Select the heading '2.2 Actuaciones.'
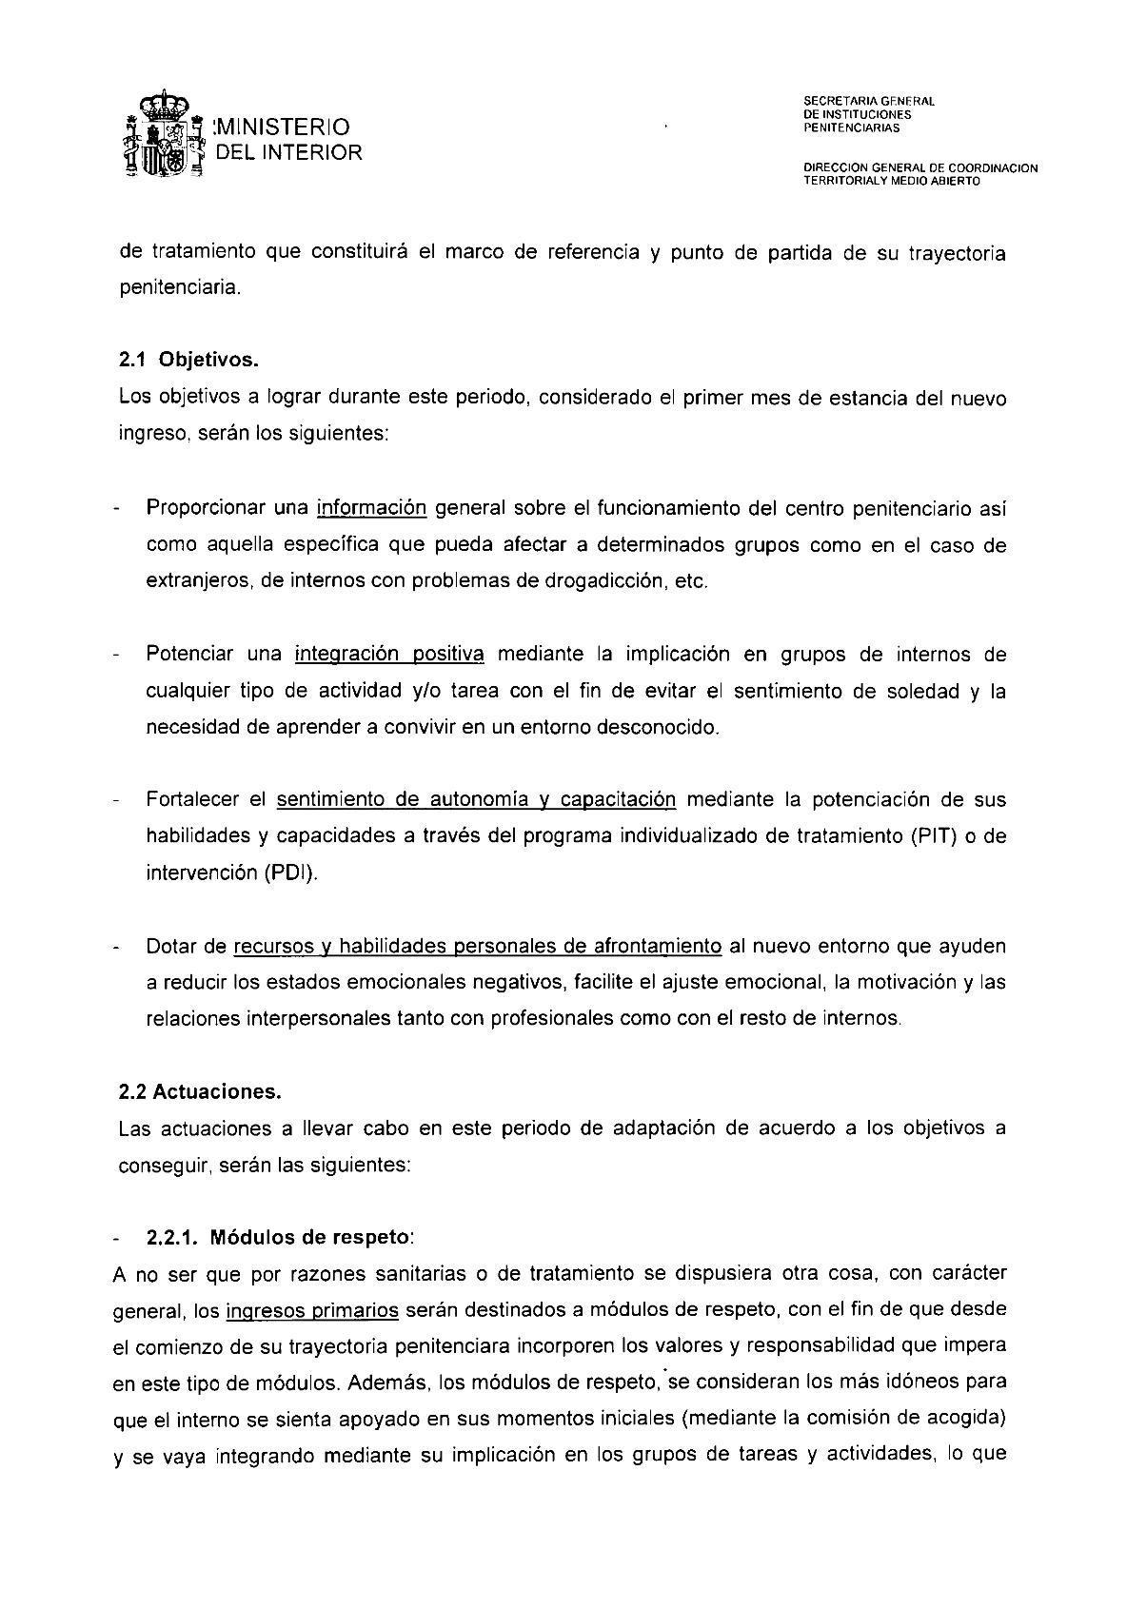click(200, 1092)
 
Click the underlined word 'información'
click(371, 508)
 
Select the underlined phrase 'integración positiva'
click(390, 654)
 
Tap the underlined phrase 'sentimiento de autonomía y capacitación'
click(476, 799)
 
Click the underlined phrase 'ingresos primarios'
click(312, 1310)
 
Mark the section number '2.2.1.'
click(172, 1238)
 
